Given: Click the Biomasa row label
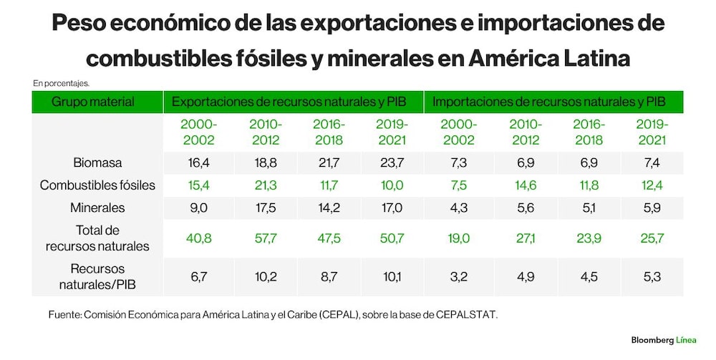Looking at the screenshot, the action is (97, 163).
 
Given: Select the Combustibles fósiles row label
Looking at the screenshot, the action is (97, 185).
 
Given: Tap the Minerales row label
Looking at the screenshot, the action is (97, 208).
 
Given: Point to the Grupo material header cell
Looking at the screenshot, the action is (93, 102).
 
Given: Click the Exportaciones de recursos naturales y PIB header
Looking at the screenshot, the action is (289, 102).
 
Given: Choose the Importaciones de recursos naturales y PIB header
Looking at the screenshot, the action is (549, 102).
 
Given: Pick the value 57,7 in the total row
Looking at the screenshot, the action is (266, 238).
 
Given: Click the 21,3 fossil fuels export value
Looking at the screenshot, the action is (266, 185).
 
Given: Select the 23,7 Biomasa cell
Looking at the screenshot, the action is (392, 163).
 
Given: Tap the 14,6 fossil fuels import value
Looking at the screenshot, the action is (526, 185).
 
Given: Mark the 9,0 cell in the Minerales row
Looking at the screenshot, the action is (198, 208).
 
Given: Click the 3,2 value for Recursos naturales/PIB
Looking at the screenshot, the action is (458, 276).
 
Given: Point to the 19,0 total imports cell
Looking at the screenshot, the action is (458, 238).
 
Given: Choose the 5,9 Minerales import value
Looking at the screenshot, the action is (652, 208).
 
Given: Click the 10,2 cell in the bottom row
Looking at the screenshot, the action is (266, 276).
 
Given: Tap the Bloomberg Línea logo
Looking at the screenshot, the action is (664, 340).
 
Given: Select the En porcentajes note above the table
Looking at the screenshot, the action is (61, 84).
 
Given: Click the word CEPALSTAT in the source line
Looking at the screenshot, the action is (466, 315).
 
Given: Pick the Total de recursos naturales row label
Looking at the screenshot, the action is (97, 238).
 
